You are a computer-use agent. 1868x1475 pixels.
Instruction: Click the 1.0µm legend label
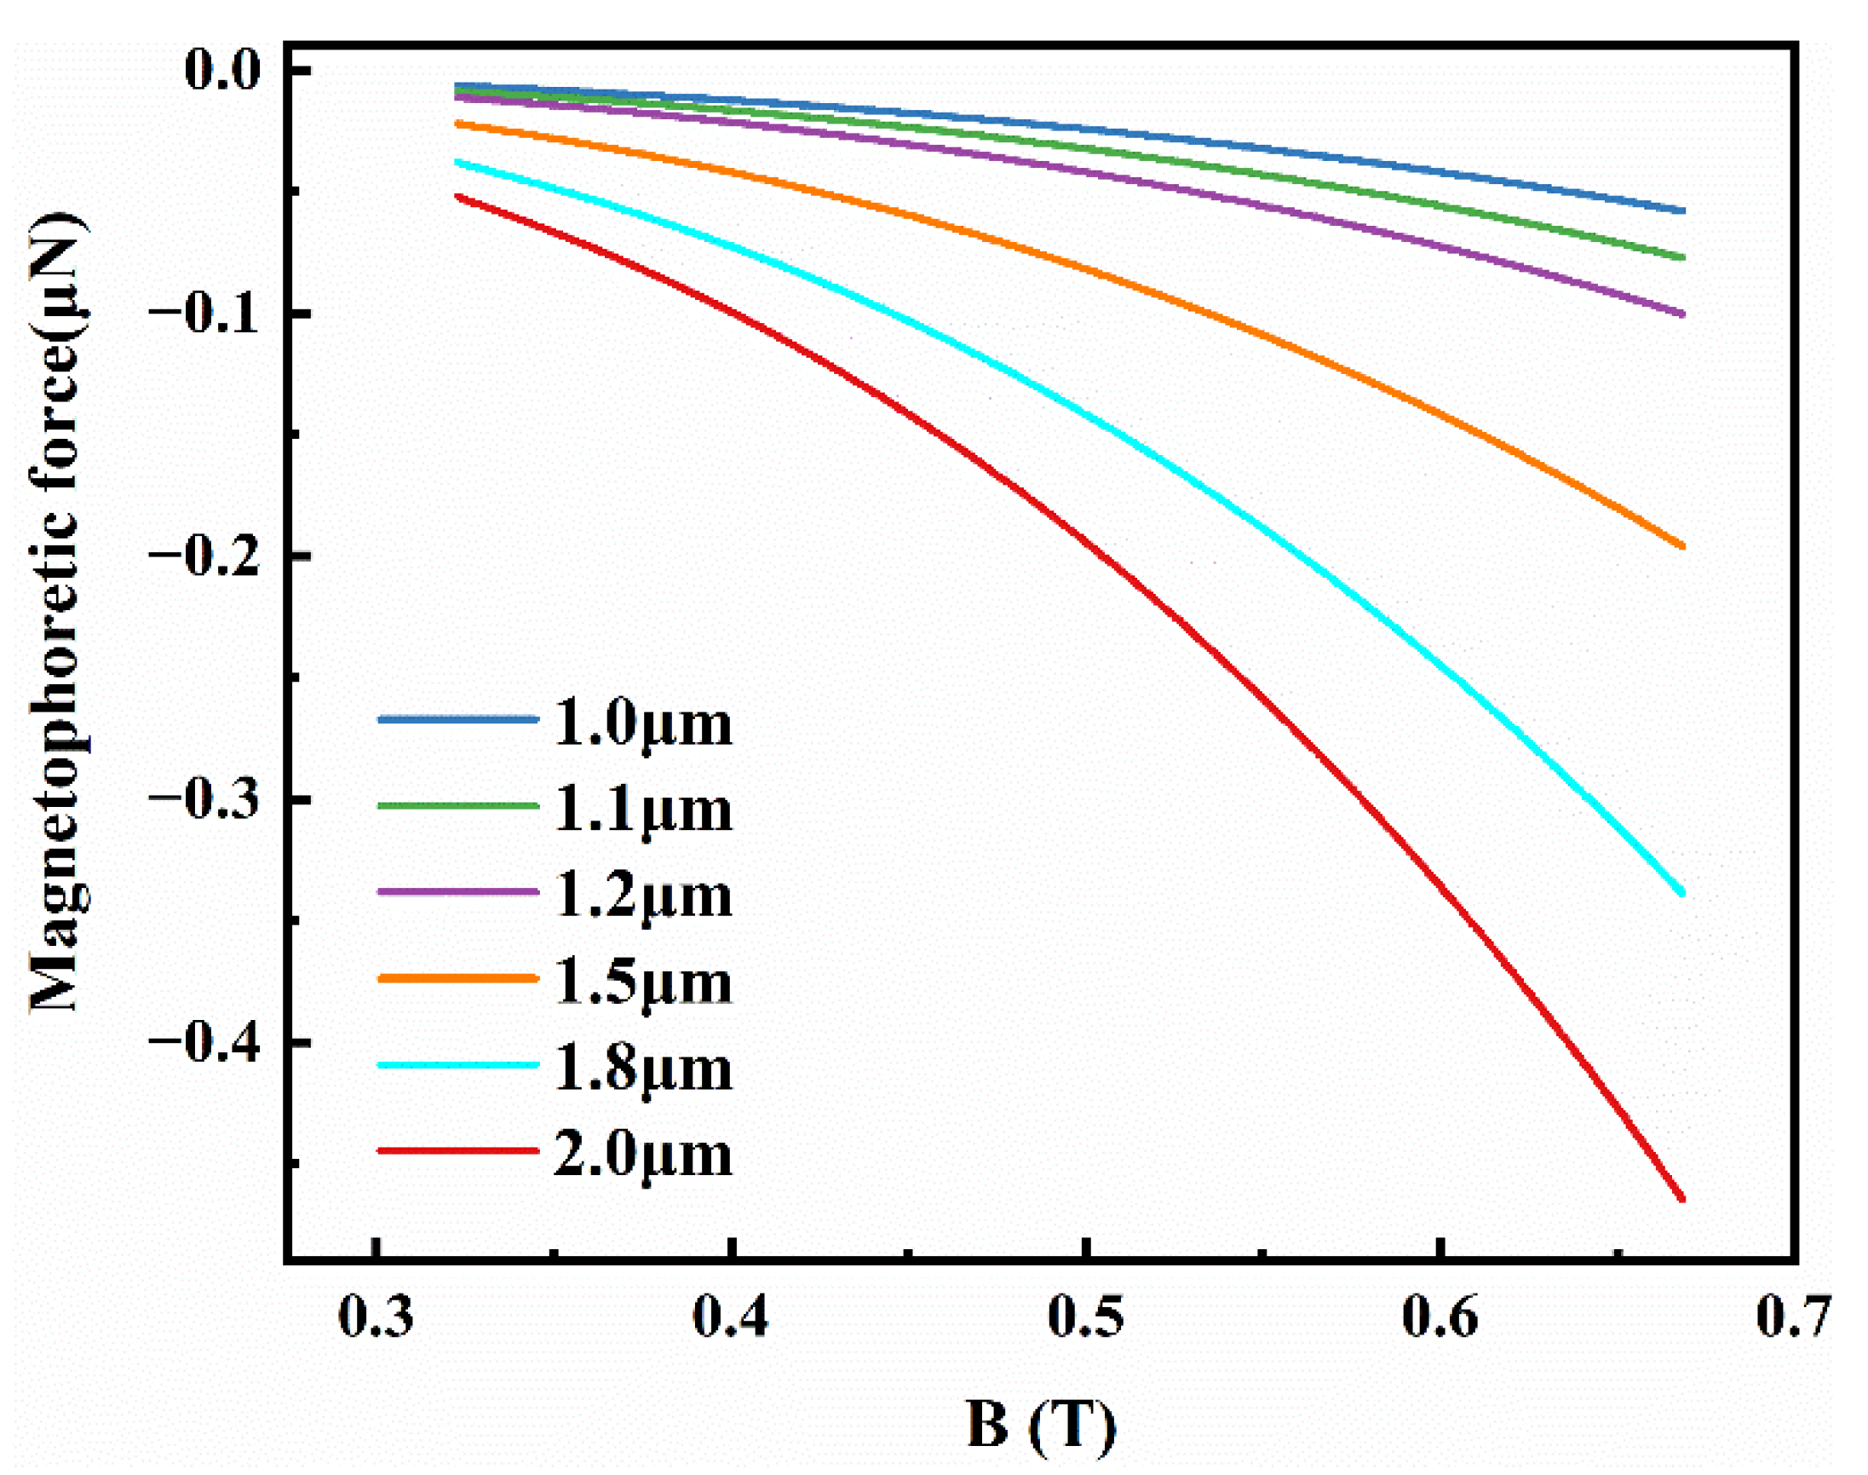(x=641, y=723)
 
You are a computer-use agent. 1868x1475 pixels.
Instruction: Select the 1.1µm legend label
(x=641, y=810)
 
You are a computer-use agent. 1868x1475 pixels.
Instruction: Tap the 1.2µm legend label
(x=641, y=896)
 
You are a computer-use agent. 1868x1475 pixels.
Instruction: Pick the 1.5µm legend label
(x=641, y=982)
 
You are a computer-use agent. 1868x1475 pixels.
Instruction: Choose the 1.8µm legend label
(x=641, y=1069)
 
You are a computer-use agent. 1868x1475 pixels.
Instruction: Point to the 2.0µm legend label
(x=641, y=1155)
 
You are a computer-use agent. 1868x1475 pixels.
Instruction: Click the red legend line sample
(x=457, y=1150)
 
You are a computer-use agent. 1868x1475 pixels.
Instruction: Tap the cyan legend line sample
(x=457, y=1065)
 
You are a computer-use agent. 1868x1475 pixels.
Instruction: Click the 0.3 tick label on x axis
(x=376, y=1319)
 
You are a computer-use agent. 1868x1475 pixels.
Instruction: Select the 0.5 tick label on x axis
(x=1085, y=1319)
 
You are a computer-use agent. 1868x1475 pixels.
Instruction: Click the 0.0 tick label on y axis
(x=221, y=70)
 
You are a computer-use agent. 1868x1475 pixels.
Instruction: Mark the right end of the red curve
(x=1681, y=1199)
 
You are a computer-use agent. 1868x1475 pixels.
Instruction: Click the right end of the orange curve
(x=1681, y=546)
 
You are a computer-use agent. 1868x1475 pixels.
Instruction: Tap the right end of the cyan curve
(x=1681, y=894)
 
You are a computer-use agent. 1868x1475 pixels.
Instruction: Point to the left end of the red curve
(x=458, y=197)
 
